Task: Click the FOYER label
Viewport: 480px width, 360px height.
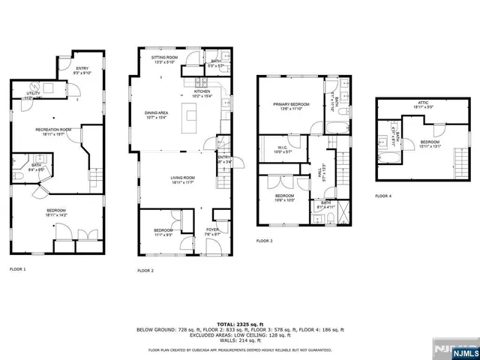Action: point(213,231)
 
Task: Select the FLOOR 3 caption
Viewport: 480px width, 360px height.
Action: point(264,241)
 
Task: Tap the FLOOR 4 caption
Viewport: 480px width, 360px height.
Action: point(383,196)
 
